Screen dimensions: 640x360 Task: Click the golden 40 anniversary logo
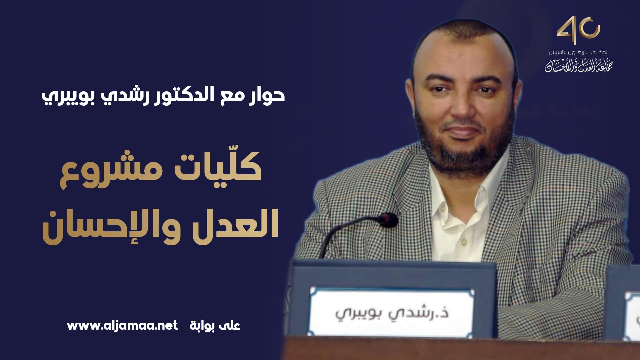pos(578,30)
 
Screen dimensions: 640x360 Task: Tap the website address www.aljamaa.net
pos(122,325)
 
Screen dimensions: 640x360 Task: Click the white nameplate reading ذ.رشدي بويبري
pos(392,311)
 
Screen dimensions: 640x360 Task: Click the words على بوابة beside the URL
pos(215,325)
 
